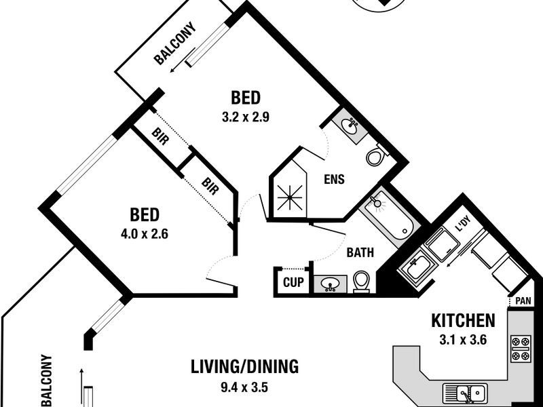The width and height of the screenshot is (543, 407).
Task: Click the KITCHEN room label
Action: tap(463, 320)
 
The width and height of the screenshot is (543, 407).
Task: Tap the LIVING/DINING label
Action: tap(244, 367)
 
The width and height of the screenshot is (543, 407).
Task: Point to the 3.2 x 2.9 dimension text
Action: tap(246, 117)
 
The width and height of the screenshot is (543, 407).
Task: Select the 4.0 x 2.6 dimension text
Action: tap(145, 234)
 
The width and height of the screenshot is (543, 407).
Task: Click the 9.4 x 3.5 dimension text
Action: tap(244, 387)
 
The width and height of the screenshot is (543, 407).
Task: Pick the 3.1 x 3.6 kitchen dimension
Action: tap(463, 340)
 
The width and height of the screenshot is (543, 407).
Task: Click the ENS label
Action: tap(334, 179)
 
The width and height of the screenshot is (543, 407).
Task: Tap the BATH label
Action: tap(360, 252)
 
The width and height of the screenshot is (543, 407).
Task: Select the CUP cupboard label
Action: tap(293, 282)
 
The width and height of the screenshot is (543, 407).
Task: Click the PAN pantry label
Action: tap(523, 301)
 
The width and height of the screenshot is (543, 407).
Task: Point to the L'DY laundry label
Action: tap(463, 227)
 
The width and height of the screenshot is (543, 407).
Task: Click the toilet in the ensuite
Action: tap(376, 155)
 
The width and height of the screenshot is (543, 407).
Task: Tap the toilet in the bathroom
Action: tap(361, 281)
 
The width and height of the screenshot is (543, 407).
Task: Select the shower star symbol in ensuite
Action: tap(291, 198)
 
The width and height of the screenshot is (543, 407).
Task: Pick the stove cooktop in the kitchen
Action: tap(521, 349)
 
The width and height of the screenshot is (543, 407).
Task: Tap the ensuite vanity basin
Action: tap(349, 125)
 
